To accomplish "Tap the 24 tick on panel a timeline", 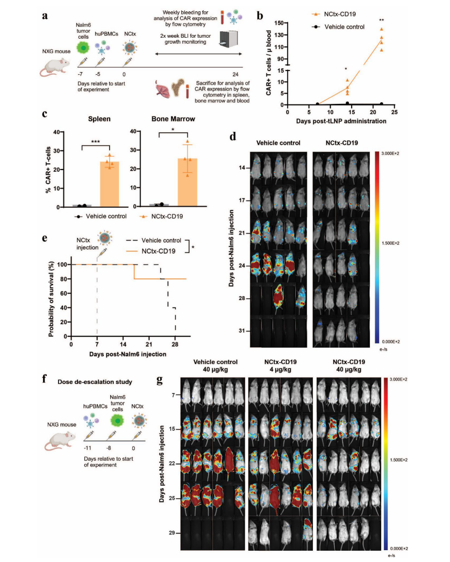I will point(235,74).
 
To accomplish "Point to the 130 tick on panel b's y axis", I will point(278,34).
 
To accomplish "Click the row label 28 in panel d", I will point(243,298).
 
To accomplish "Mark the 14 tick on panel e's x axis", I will point(123,344).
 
